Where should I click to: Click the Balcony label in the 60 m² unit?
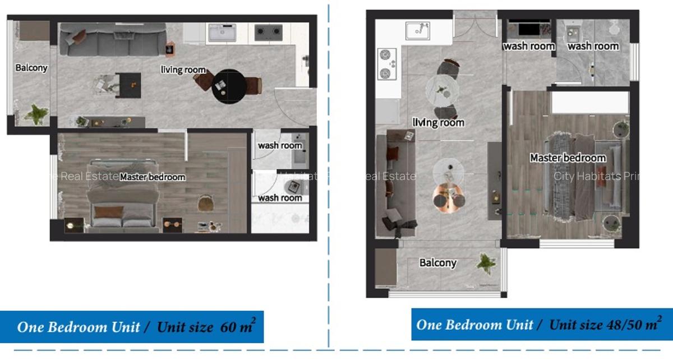click(31, 68)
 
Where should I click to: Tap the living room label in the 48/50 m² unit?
click(438, 122)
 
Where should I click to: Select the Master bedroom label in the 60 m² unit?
click(152, 177)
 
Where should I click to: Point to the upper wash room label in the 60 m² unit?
click(280, 145)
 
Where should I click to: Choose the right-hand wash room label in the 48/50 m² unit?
click(593, 46)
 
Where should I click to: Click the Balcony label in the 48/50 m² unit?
click(437, 262)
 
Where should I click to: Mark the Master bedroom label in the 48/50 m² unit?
click(568, 158)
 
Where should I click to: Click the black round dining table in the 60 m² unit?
click(230, 86)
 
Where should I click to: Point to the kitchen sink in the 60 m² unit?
click(222, 33)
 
